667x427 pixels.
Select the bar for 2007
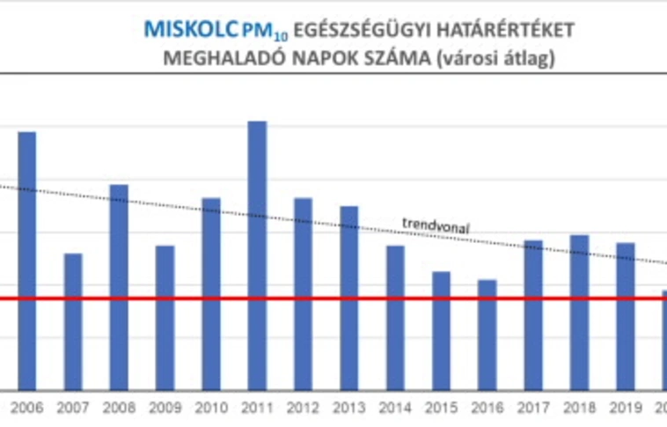(73, 321)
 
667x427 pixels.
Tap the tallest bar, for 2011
(257, 255)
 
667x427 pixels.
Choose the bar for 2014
(395, 317)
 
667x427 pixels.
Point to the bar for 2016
(487, 335)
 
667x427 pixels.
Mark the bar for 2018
(579, 312)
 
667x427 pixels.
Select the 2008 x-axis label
(119, 408)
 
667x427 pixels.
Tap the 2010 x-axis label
(211, 408)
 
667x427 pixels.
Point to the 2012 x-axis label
(303, 408)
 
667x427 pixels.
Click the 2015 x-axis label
(441, 408)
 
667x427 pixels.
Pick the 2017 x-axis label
(533, 408)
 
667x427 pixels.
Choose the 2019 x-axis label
(625, 408)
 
